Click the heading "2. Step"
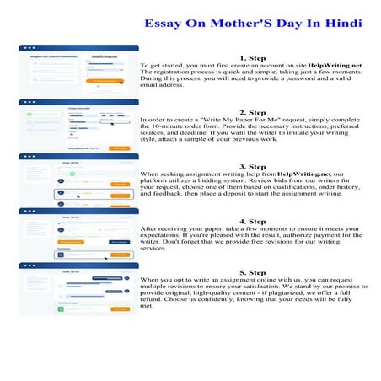(253, 111)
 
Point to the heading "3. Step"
(253, 166)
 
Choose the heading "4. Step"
(253, 221)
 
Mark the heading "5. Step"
(253, 273)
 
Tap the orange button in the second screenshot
(119, 148)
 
